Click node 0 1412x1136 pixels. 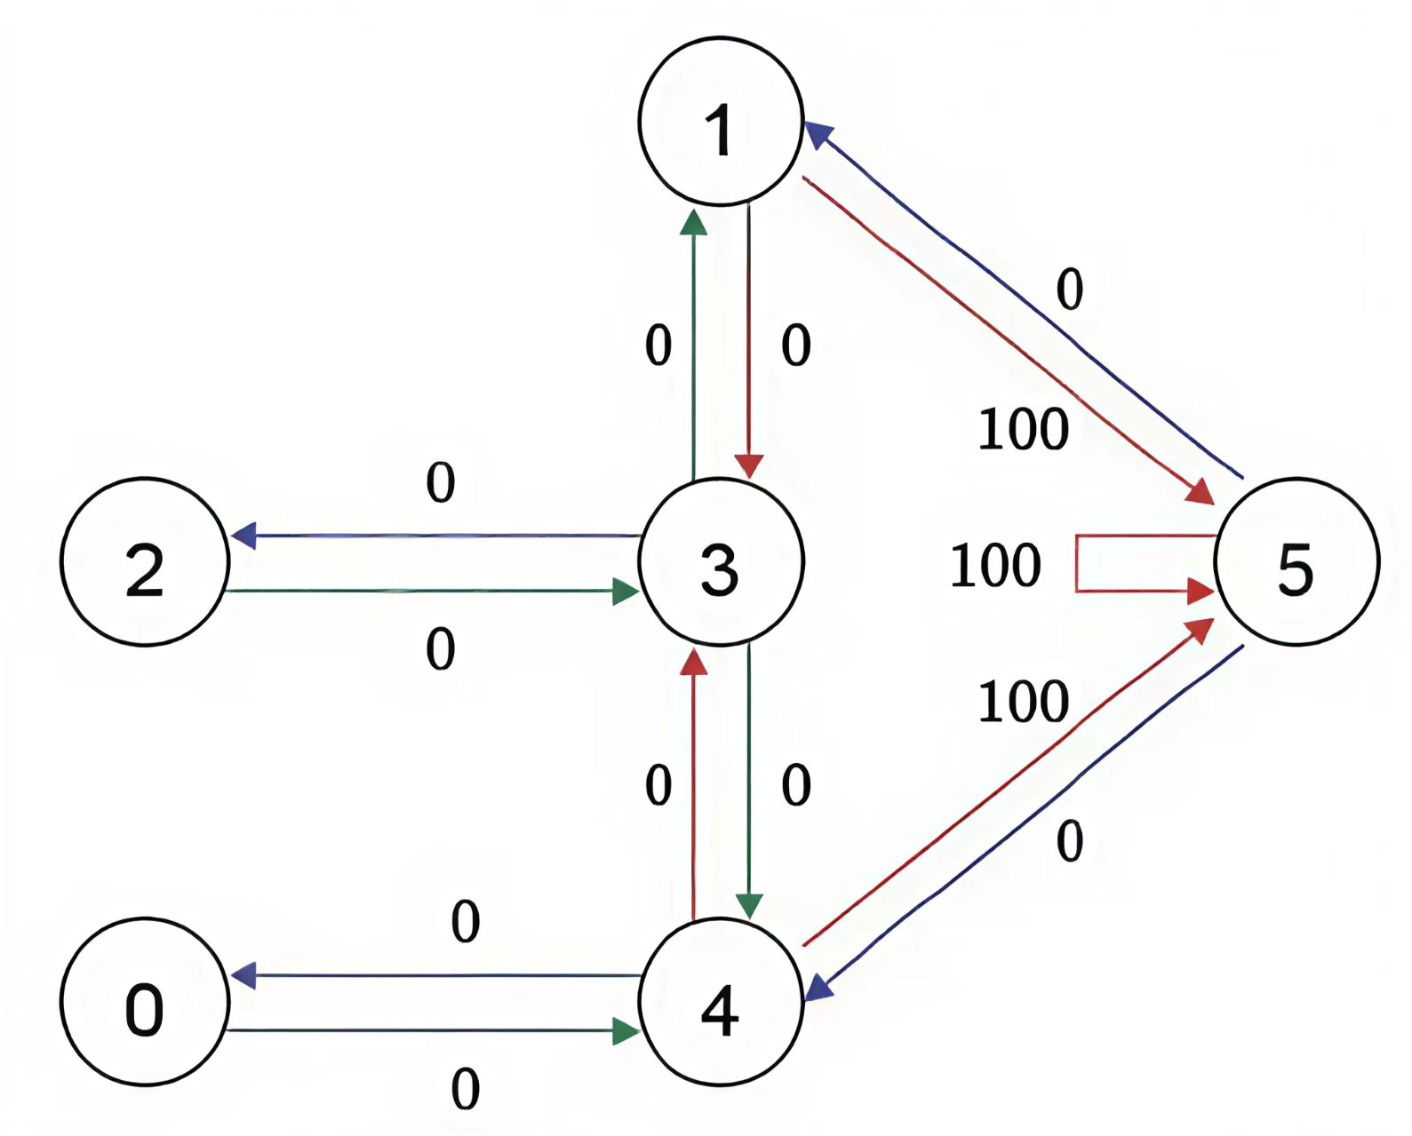[x=144, y=1002]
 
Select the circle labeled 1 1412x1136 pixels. [x=721, y=122]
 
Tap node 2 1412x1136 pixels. [x=145, y=561]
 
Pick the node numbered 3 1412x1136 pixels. [x=721, y=561]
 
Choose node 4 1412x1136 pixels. [x=721, y=1002]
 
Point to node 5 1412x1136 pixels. [x=1296, y=561]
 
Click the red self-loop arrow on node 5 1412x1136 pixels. [x=1078, y=563]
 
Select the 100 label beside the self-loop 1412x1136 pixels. [x=995, y=566]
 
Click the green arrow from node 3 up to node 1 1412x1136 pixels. [x=693, y=346]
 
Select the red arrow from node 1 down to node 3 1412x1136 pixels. [x=749, y=346]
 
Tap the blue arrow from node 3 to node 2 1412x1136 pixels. [x=435, y=536]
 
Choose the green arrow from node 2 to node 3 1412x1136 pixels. [x=435, y=591]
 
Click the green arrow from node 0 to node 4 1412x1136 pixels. [x=435, y=1031]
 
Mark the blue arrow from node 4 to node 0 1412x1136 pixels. [x=435, y=976]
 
